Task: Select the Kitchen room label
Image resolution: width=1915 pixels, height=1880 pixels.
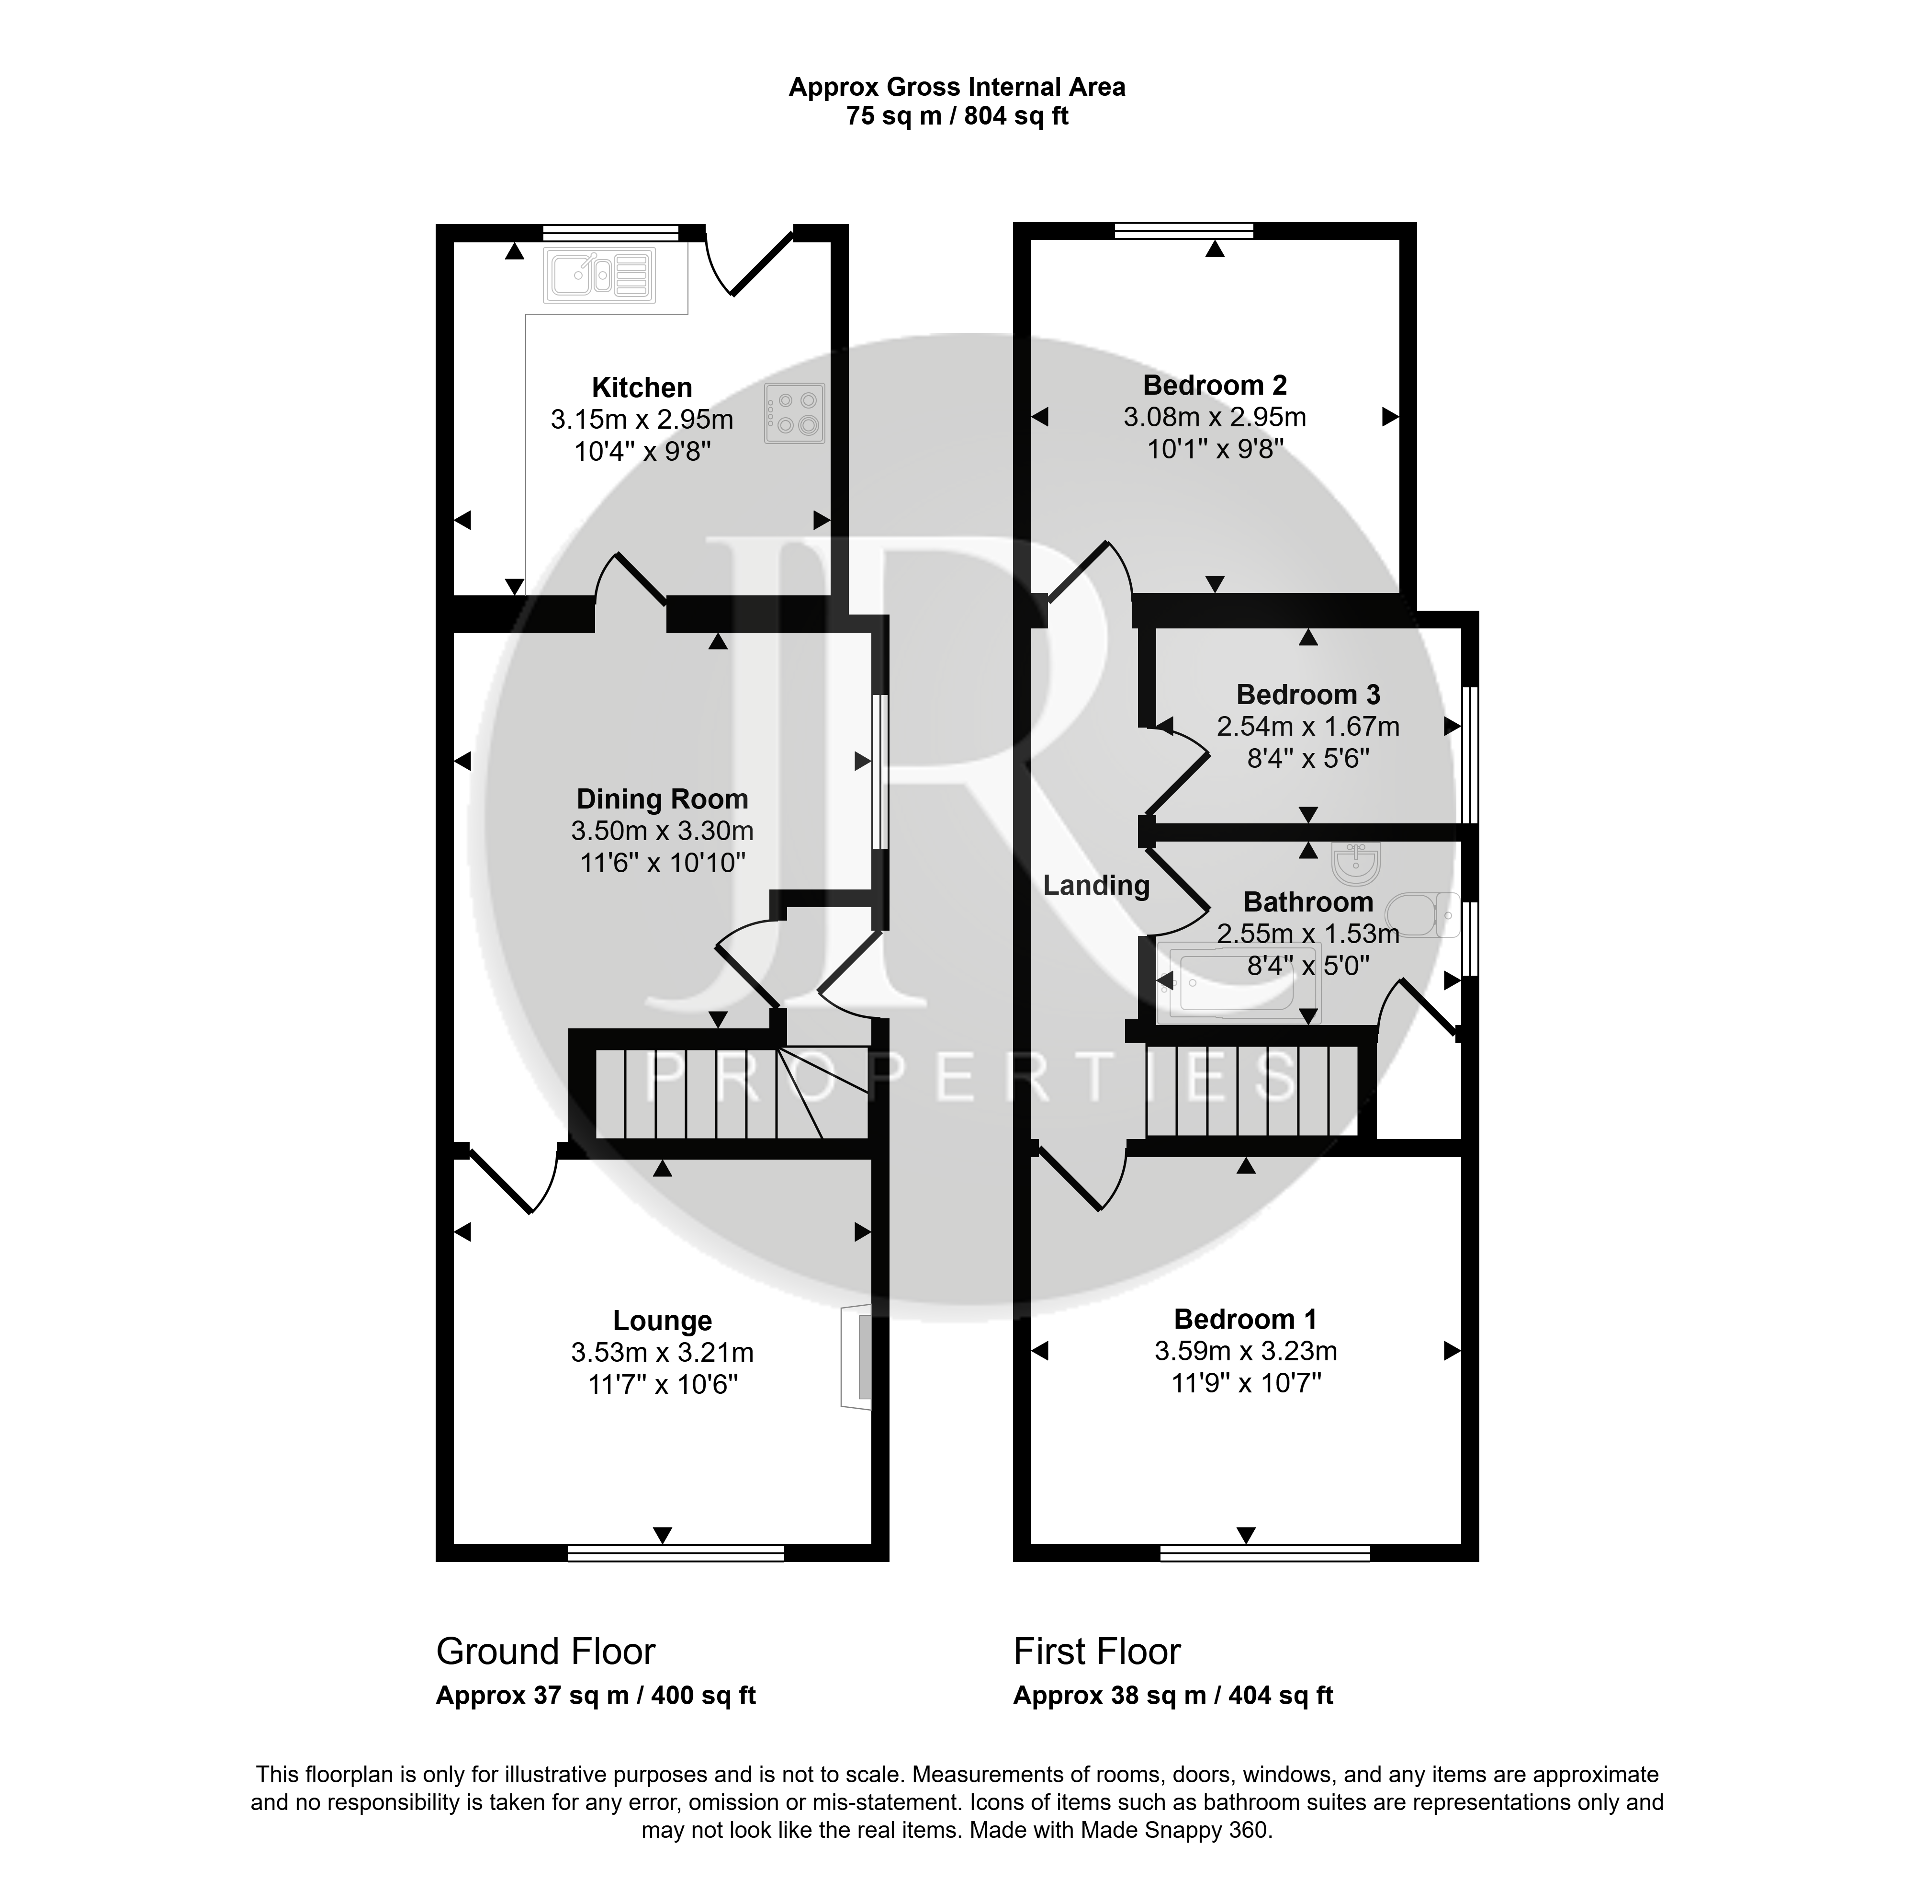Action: tap(642, 387)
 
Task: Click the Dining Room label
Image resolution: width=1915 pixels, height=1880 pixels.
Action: tap(663, 799)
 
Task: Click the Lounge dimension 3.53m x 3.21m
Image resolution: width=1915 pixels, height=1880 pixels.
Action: tap(663, 1352)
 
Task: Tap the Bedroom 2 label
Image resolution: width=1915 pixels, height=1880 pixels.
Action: tap(1215, 385)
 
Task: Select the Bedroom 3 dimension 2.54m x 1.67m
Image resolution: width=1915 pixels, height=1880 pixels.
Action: tap(1308, 727)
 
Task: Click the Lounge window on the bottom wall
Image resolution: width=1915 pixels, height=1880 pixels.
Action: tap(676, 1553)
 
